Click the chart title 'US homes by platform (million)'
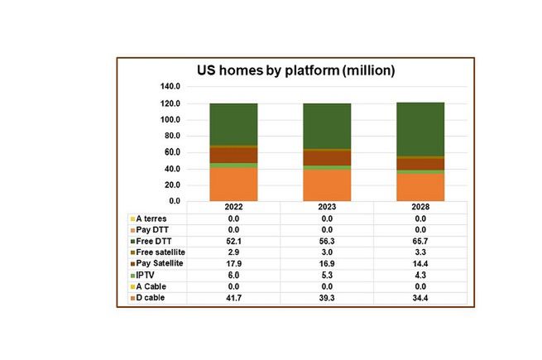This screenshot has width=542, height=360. pyautogui.click(x=295, y=71)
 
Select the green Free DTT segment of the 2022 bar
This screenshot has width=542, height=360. pyautogui.click(x=233, y=124)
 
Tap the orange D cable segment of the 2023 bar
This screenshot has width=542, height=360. pyautogui.click(x=327, y=185)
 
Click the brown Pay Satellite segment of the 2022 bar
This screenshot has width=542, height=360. pyautogui.click(x=233, y=155)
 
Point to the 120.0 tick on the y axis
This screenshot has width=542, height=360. pyautogui.click(x=170, y=103)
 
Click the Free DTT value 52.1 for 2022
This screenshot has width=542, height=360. pyautogui.click(x=233, y=240)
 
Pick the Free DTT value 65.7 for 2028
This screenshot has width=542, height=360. pyautogui.click(x=421, y=240)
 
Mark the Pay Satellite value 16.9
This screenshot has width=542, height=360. pyautogui.click(x=327, y=263)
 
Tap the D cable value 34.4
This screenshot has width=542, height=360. pyautogui.click(x=421, y=297)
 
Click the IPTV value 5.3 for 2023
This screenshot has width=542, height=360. pyautogui.click(x=327, y=275)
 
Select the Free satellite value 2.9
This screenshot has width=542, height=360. pyautogui.click(x=233, y=252)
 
